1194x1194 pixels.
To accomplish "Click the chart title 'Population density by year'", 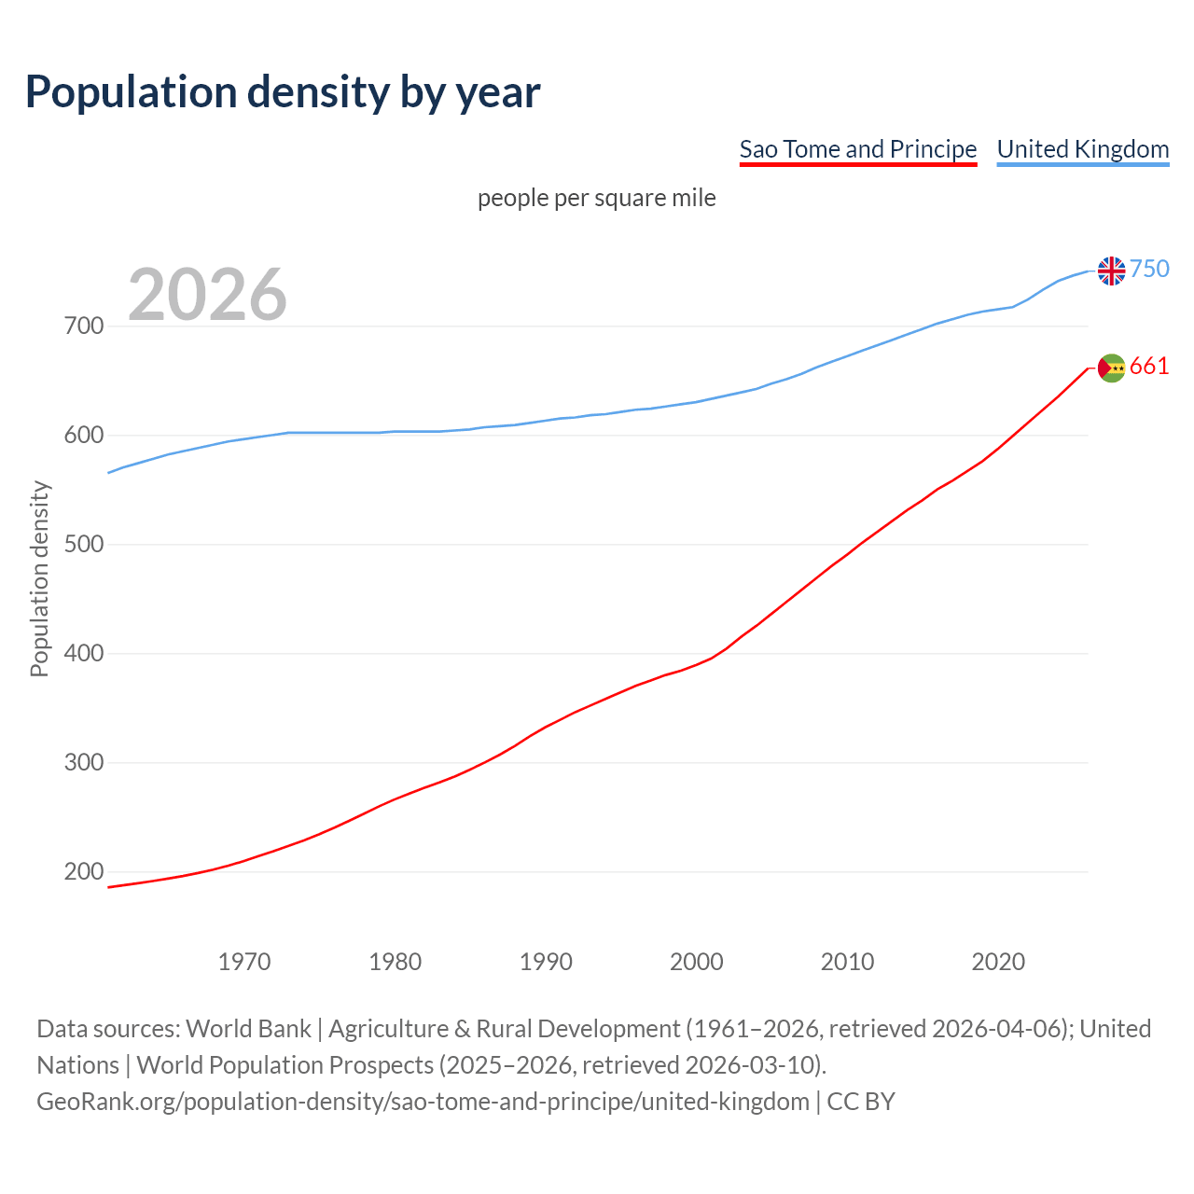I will [283, 92].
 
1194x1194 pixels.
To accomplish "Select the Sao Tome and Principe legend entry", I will [857, 149].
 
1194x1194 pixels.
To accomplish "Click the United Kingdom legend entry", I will [1082, 149].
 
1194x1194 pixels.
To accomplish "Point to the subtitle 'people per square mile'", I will [596, 199].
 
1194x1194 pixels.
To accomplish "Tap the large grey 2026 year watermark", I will [207, 295].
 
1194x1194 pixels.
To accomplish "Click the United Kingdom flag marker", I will [1111, 271].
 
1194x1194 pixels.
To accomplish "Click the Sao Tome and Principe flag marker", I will [1111, 368].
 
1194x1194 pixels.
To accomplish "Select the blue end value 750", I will [1149, 270].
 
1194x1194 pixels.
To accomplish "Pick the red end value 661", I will [1149, 367].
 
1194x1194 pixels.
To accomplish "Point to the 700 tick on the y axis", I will [83, 326].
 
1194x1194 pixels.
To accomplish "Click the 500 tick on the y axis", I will [83, 545].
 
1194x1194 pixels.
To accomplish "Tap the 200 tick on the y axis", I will [83, 872].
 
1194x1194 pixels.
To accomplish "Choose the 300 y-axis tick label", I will [83, 763].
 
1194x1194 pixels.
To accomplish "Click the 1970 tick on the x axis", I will [244, 962].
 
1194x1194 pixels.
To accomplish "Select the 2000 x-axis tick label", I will [697, 962].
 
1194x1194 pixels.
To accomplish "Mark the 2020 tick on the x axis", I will [998, 962].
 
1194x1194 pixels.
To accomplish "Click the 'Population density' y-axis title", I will [39, 578].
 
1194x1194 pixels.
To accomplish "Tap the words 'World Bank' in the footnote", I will [248, 1029].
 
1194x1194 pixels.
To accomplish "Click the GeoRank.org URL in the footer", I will [423, 1102].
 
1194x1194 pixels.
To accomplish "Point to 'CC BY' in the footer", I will [861, 1102].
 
